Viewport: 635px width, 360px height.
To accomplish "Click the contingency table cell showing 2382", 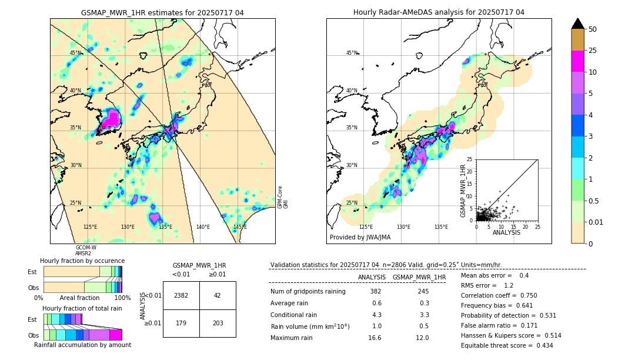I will tap(181, 295).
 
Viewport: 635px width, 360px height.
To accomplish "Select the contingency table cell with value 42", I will tap(218, 295).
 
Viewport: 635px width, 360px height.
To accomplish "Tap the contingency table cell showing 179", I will tap(181, 323).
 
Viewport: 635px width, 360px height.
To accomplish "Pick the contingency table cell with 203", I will tap(218, 323).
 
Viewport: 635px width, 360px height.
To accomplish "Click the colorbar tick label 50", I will tap(593, 29).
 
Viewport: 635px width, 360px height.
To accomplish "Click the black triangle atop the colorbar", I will tap(578, 24).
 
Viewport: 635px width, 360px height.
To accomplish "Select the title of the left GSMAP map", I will tap(162, 12).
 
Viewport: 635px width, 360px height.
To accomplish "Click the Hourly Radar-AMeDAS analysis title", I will tap(439, 12).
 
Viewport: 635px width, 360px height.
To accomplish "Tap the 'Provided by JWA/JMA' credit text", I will tap(360, 238).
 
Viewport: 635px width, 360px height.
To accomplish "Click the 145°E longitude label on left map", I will tap(240, 227).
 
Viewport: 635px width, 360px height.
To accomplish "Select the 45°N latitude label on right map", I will tap(352, 53).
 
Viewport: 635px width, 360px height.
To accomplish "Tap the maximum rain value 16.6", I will tap(375, 338).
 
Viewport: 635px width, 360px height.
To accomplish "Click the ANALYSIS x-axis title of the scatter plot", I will tap(506, 232).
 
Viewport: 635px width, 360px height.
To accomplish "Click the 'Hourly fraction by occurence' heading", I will tap(82, 261).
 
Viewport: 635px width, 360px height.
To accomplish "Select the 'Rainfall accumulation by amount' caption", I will tap(82, 345).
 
